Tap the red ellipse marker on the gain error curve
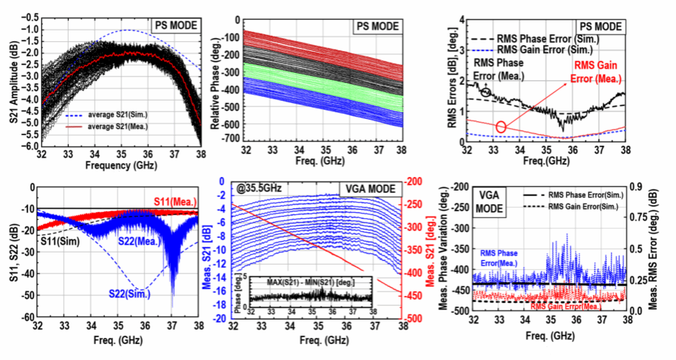501,127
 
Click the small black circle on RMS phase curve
486,92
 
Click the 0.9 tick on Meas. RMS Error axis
643,186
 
